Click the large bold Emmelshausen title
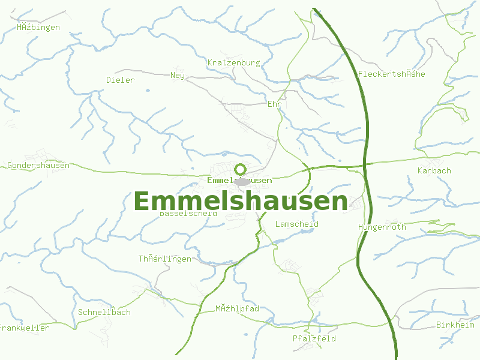coord(241,201)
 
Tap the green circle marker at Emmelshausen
coord(241,169)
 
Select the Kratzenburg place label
coord(233,62)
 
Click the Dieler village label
coord(120,80)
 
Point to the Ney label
coord(178,75)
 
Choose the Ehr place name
coord(274,104)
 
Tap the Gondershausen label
coord(38,165)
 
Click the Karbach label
coord(434,170)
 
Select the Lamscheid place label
coord(296,224)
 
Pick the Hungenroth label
coord(382,227)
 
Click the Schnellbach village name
coord(104,312)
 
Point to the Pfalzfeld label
coord(314,338)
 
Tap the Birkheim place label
coord(455,325)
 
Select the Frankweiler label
coord(24,328)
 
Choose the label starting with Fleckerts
coord(391,74)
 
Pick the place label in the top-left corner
coord(38,27)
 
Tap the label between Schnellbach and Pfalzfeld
coord(237,308)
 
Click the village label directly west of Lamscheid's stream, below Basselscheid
coord(165,259)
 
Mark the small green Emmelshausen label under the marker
coord(239,180)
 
